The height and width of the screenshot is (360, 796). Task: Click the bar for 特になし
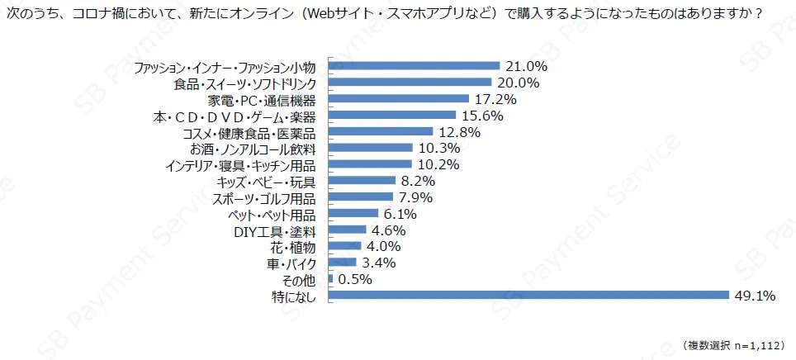(x=528, y=296)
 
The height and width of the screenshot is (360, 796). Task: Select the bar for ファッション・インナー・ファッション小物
(x=415, y=66)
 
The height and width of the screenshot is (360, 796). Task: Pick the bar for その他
(x=331, y=279)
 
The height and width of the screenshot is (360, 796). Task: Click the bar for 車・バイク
(x=343, y=263)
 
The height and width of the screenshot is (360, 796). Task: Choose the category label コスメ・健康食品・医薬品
(x=262, y=132)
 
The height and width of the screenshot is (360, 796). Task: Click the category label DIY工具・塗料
(x=282, y=230)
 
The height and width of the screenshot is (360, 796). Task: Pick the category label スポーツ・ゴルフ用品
(x=270, y=197)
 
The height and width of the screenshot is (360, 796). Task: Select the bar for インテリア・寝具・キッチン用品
(x=370, y=164)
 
